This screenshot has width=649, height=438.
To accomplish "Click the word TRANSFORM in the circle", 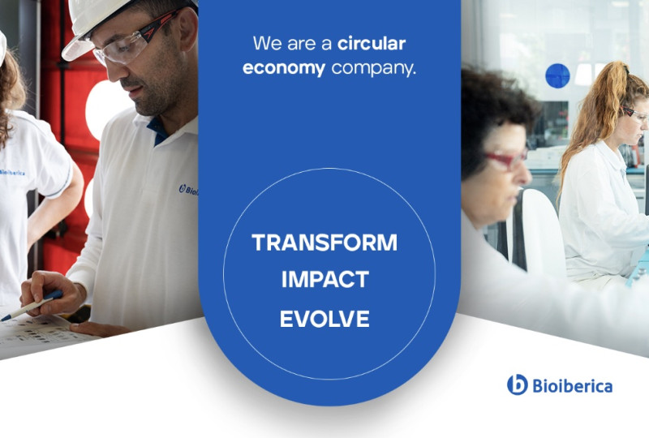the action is pos(324,243).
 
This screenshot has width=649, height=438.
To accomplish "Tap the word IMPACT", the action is pos(325,280).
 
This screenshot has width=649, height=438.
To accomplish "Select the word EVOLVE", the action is pos(324,319).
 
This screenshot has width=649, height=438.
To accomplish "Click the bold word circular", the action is pos(372,44).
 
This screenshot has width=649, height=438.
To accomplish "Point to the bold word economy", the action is pos(284,68).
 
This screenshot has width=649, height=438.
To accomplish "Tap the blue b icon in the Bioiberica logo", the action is pos(518,384).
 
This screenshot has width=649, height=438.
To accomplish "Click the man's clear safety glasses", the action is pos(132,41).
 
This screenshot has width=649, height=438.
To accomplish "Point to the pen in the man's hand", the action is pos(32,306).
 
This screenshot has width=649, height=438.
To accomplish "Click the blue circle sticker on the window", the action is pos(557,75).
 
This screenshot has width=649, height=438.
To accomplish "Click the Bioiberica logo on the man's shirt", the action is pos(189,190).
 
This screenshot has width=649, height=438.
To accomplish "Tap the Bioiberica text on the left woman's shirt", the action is pos(12,172).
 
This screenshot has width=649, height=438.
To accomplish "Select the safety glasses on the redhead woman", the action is pos(635,114).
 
